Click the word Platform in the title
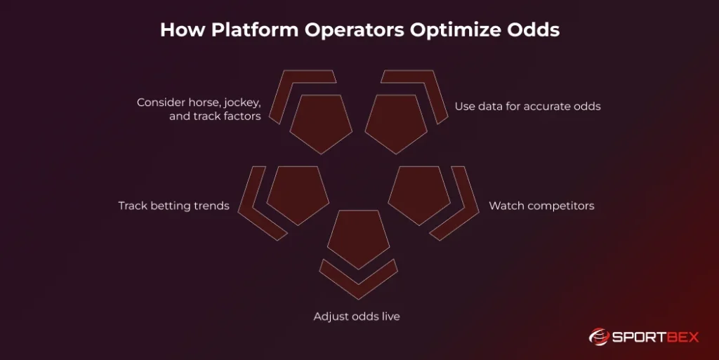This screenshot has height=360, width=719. [242, 31]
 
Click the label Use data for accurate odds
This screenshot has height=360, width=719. [527, 107]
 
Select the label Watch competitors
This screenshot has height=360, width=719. [541, 206]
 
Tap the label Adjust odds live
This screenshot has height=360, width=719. [357, 316]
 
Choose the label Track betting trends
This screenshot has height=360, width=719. [173, 206]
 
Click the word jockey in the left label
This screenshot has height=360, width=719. [238, 102]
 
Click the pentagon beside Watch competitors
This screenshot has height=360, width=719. [419, 193]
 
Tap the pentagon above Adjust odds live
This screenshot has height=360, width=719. [359, 237]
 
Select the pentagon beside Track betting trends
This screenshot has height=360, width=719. [298, 193]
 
